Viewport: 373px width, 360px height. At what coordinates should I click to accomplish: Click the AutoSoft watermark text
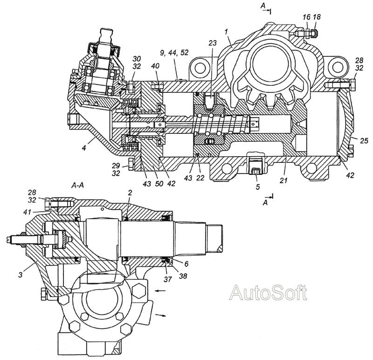[x=268, y=292]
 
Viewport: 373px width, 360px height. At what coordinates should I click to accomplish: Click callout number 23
[x=213, y=43]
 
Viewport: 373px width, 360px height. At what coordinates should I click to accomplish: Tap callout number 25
[x=364, y=141]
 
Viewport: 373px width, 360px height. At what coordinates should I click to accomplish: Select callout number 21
[x=283, y=180]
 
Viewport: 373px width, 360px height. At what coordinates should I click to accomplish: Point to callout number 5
[x=258, y=187]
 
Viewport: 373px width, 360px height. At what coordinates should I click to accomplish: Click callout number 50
[x=159, y=183]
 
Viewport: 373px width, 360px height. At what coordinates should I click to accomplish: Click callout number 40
[x=155, y=66]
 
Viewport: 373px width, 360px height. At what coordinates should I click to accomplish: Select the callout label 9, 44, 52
[x=174, y=53]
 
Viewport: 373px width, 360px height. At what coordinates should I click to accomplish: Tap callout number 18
[x=317, y=17]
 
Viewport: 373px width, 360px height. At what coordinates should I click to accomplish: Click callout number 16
[x=307, y=17]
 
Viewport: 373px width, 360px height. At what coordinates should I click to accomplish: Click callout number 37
[x=168, y=279]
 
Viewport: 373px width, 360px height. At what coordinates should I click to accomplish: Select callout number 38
[x=182, y=276]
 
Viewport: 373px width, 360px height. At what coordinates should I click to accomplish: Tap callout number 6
[x=186, y=263]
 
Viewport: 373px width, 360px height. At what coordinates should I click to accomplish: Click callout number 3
[x=21, y=275]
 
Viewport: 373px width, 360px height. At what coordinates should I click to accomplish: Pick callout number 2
[x=130, y=193]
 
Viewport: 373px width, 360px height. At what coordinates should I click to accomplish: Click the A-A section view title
[x=77, y=185]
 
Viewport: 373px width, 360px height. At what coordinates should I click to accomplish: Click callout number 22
[x=200, y=178]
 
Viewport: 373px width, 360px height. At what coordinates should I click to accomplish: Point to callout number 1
[x=226, y=31]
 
